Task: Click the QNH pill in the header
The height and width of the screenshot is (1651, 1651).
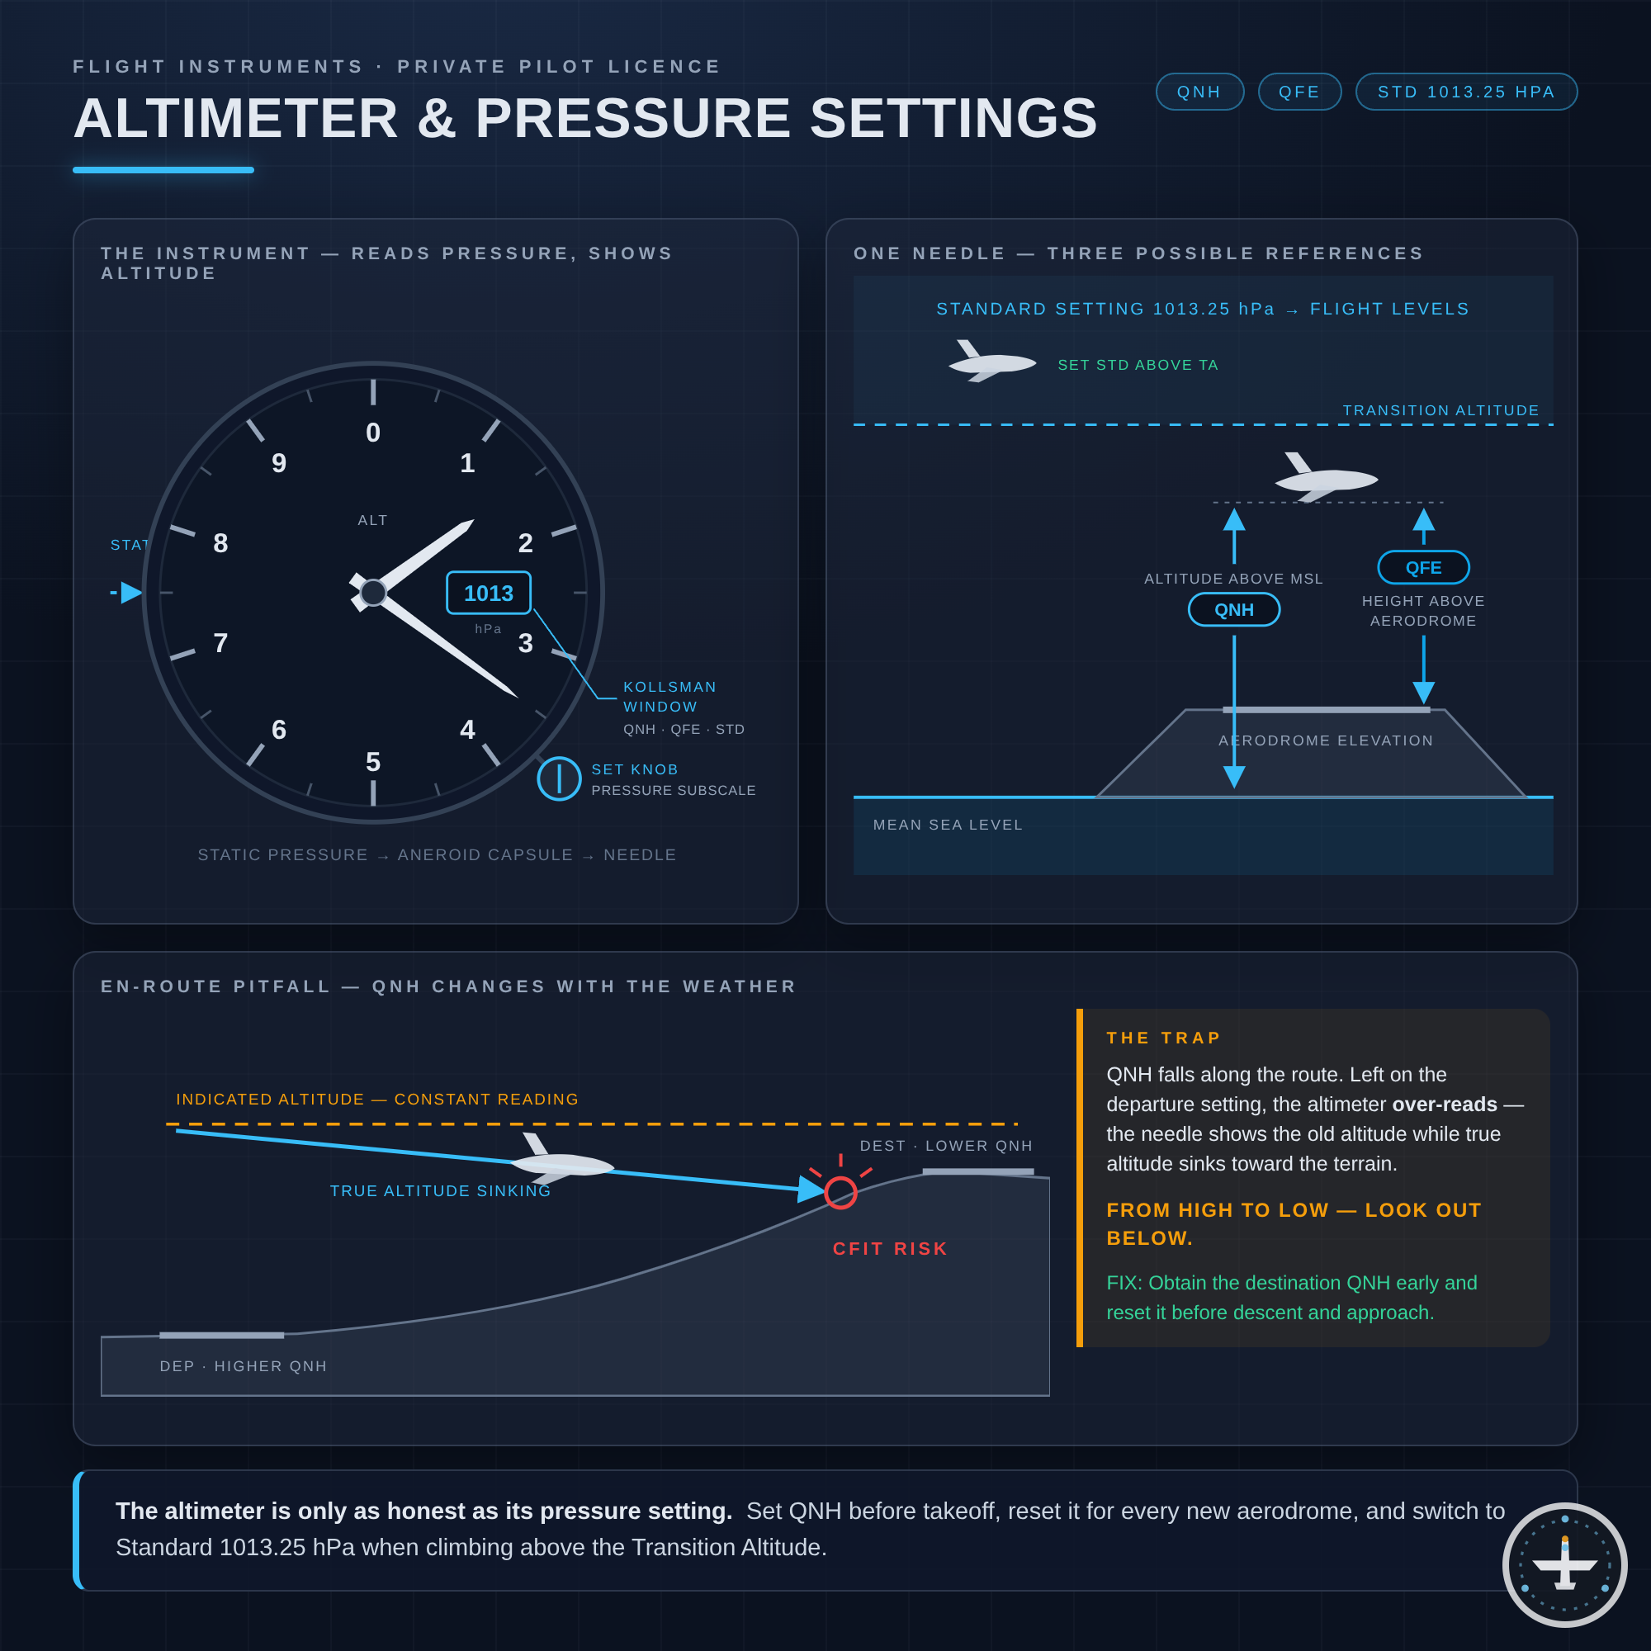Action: tap(1199, 92)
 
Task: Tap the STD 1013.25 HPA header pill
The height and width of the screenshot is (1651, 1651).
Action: tap(1466, 92)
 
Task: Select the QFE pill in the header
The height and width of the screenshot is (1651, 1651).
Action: tap(1300, 92)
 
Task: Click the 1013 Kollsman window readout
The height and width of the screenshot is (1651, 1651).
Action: tap(489, 593)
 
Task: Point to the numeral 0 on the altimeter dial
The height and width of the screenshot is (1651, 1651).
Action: tap(373, 433)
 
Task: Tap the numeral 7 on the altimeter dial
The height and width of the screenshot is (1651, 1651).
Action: tap(220, 642)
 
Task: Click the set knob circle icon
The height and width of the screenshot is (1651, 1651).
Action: tap(559, 778)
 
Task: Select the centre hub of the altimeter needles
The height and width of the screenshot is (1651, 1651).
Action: tap(373, 592)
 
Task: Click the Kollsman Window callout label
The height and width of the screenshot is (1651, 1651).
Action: tap(670, 697)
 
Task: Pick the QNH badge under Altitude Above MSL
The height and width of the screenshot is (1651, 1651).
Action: tap(1234, 609)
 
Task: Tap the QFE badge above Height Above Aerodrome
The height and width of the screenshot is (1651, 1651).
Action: tap(1424, 567)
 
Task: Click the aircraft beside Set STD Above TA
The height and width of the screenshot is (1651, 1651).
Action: tap(992, 362)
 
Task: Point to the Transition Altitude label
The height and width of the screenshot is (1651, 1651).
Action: tap(1440, 410)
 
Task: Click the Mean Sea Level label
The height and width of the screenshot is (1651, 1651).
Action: tap(948, 825)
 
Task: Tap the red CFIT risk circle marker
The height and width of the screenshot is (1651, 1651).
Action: tap(841, 1193)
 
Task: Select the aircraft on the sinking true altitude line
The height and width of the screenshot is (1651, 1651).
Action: tap(561, 1161)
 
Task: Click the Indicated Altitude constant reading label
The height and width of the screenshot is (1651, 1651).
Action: tap(378, 1099)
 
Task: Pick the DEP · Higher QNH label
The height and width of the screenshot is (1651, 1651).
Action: tap(244, 1366)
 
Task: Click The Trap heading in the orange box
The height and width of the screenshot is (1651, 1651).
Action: tap(1164, 1038)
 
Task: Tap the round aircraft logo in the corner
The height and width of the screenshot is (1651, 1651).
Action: tap(1564, 1564)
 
